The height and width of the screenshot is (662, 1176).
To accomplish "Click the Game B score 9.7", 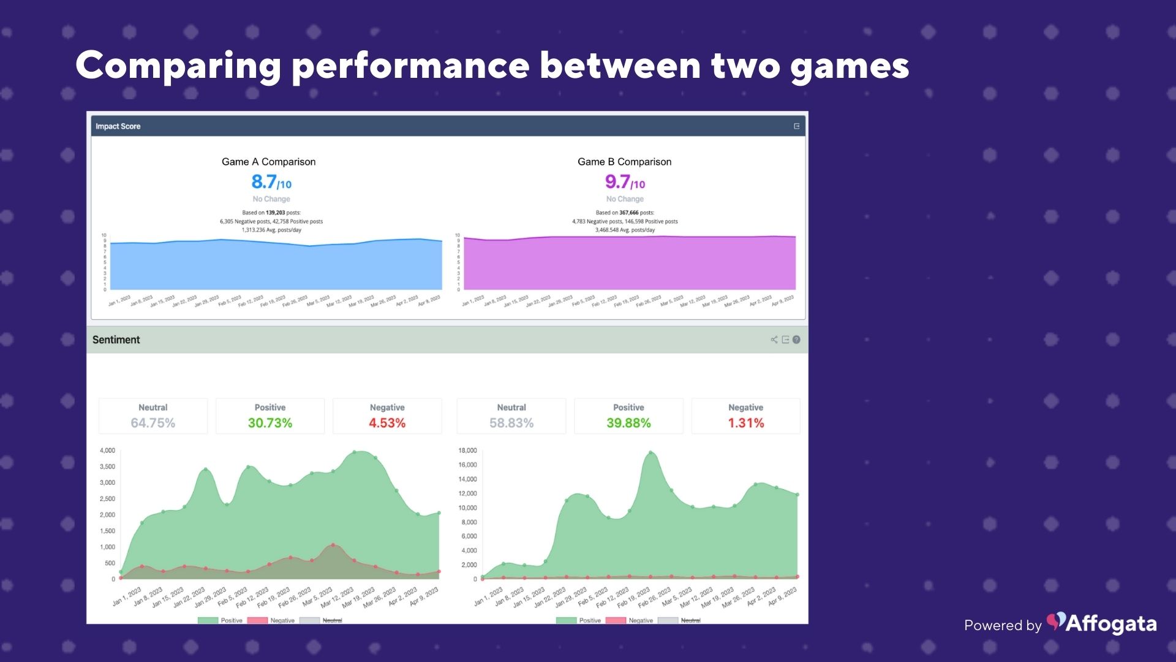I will pos(618,182).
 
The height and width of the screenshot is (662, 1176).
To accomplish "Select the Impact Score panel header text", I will pos(118,126).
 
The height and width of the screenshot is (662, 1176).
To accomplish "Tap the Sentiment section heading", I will pos(116,340).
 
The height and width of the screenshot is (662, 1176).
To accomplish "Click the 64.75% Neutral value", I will pos(153,423).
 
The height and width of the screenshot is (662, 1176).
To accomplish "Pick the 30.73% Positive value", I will pos(269,423).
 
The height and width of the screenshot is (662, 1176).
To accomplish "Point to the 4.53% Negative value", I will pos(386,423).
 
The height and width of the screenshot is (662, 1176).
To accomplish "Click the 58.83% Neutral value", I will pos(511,423).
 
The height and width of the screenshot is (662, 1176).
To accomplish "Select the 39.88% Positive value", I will pos(628,423).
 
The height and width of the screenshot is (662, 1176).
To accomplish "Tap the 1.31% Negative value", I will pos(745,423).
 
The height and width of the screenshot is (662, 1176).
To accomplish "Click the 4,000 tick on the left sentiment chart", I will pos(107,451).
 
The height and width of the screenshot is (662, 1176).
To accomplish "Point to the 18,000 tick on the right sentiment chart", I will pos(467,451).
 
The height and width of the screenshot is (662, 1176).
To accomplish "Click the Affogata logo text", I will pos(1110,624).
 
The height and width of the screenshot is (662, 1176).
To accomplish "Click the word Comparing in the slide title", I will pos(178,66).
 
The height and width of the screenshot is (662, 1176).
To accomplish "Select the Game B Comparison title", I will pos(624,162).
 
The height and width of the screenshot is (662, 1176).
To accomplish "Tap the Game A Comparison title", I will pos(268,162).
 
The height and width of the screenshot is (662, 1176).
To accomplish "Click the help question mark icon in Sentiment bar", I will pos(796,340).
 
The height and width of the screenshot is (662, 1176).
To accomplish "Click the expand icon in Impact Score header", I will pos(796,126).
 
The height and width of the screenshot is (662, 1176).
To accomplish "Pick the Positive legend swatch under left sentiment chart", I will pos(208,620).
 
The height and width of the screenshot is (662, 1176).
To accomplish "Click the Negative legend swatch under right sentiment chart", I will pos(616,620).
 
